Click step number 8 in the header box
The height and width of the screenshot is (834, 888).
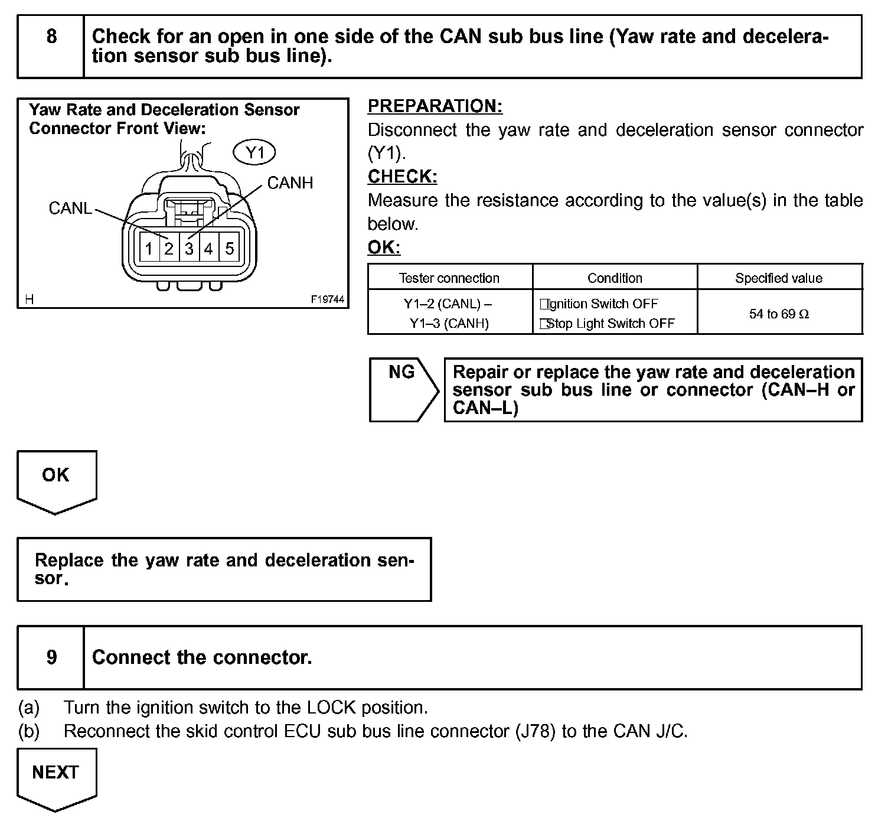click(51, 37)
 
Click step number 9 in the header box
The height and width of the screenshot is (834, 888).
click(51, 657)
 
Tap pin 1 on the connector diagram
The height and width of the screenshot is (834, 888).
click(149, 249)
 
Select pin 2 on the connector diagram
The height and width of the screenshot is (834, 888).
click(169, 249)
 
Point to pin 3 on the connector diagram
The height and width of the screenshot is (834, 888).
click(189, 249)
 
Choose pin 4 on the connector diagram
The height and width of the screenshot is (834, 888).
click(208, 249)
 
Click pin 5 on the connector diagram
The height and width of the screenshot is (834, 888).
click(229, 249)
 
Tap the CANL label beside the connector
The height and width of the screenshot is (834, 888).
click(70, 208)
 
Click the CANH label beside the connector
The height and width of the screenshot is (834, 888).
click(290, 183)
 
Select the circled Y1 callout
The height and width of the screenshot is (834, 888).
click(254, 153)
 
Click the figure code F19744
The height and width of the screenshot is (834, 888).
click(328, 299)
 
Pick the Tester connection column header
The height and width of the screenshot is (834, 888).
click(449, 278)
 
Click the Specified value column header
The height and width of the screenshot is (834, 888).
click(779, 278)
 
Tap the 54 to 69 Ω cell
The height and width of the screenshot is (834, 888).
click(779, 314)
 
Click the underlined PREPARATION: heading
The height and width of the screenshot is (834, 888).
click(435, 106)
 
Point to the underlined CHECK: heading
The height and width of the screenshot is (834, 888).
click(402, 177)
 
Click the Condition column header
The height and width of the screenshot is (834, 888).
click(615, 278)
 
